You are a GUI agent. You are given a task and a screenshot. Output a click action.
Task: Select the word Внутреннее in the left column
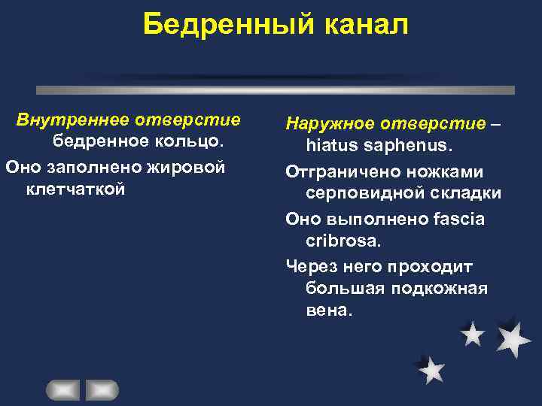(73, 120)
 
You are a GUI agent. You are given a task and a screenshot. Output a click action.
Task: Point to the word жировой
(190, 165)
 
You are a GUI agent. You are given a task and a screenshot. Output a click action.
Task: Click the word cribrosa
(343, 242)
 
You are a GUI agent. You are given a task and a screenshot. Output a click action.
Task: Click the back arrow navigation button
(63, 390)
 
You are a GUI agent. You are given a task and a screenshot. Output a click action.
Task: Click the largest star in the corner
(513, 338)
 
